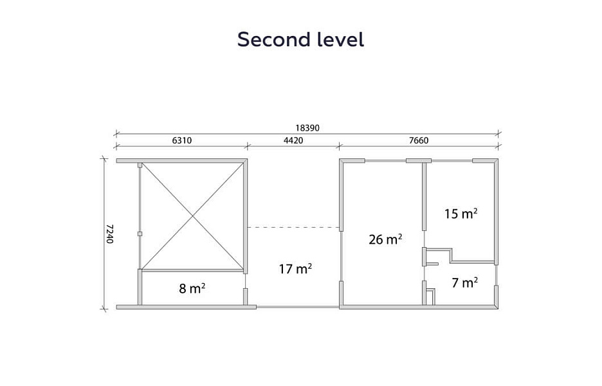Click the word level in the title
click(x=340, y=39)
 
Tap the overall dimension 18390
click(x=307, y=128)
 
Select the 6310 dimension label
click(x=181, y=141)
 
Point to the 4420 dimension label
click(x=293, y=141)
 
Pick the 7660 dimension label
click(x=419, y=141)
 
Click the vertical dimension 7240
click(x=109, y=234)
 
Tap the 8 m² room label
click(x=192, y=288)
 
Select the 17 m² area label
click(x=295, y=268)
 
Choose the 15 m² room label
click(x=461, y=213)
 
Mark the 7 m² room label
click(x=464, y=282)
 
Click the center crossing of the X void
click(x=192, y=217)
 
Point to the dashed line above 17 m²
click(x=293, y=227)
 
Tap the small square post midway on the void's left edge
click(x=140, y=234)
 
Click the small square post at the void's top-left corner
click(x=140, y=165)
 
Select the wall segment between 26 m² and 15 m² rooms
click(x=424, y=197)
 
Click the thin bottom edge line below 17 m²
click(x=298, y=307)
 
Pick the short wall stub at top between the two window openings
click(x=419, y=161)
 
